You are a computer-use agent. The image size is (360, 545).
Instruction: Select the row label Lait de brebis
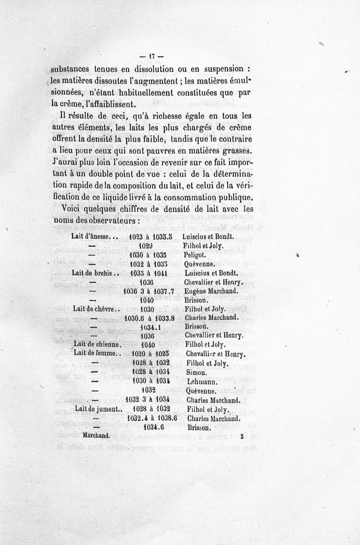coord(95,273)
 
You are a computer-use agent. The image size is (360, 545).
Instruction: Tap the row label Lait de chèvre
coord(96,309)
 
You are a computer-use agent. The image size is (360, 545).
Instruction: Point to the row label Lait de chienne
coord(96,345)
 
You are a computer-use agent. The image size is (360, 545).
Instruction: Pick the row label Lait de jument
coord(99,410)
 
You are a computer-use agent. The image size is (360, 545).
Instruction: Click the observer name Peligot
coord(195,255)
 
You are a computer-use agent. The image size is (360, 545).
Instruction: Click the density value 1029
coord(147,246)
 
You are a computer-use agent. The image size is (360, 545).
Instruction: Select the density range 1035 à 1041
coord(148,273)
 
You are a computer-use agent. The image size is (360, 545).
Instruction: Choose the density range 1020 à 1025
coord(150,354)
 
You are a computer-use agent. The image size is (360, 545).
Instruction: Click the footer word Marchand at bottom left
coord(97,436)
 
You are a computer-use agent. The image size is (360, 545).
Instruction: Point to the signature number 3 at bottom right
coord(242,436)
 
